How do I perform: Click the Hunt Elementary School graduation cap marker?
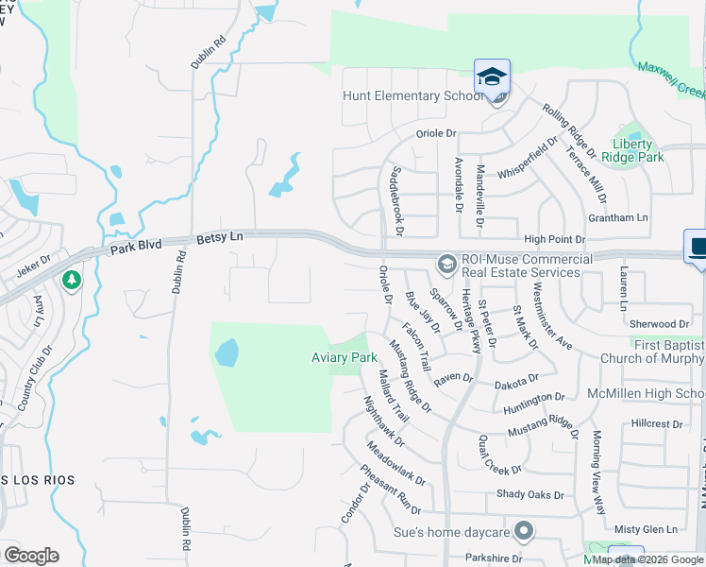[x=492, y=77]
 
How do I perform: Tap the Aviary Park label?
[x=345, y=357]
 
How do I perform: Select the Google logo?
[x=31, y=556]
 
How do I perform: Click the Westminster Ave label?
[x=550, y=314]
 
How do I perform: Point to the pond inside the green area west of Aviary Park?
[x=227, y=352]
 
